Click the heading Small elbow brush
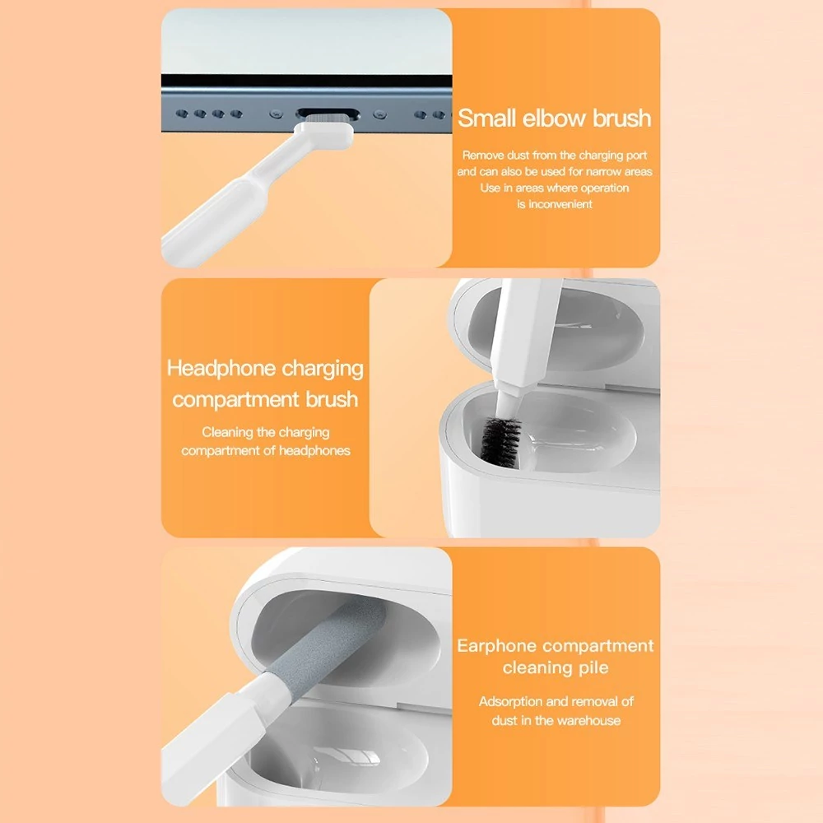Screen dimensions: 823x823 click(x=554, y=118)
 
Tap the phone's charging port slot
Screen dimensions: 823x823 click(x=328, y=114)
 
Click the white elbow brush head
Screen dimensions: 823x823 click(x=323, y=134)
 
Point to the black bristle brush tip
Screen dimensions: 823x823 click(x=500, y=441)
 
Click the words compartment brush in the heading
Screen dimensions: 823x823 click(x=265, y=400)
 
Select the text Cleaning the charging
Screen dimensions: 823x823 click(x=266, y=433)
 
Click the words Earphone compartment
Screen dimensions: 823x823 click(x=556, y=645)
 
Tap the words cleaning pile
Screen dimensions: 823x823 click(x=556, y=667)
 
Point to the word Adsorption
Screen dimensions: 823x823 click(x=511, y=702)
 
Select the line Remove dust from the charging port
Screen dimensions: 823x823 click(x=554, y=156)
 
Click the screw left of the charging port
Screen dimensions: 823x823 click(x=276, y=114)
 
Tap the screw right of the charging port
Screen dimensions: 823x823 click(x=379, y=114)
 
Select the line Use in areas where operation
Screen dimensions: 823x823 click(x=554, y=188)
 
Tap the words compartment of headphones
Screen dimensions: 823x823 click(x=266, y=451)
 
